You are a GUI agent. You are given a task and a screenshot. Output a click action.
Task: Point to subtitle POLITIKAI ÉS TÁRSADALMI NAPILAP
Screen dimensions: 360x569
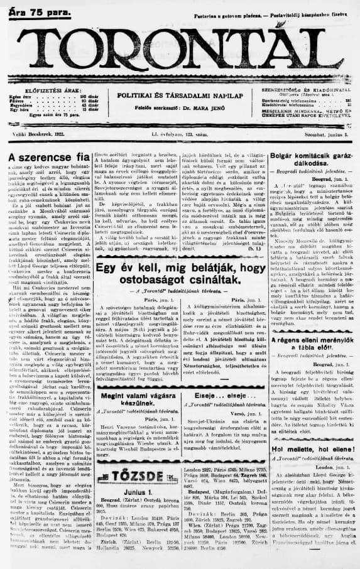tap(180, 95)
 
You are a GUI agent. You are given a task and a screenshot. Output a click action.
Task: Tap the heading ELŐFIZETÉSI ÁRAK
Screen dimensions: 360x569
tap(41, 90)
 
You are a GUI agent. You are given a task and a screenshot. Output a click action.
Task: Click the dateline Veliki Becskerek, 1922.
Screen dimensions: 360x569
tap(37, 134)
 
